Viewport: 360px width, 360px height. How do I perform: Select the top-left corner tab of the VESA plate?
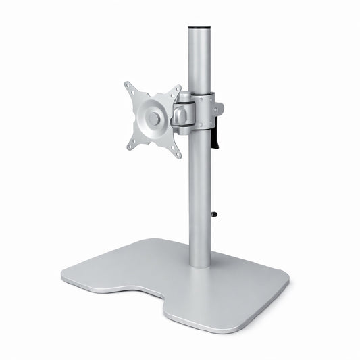(x=129, y=87)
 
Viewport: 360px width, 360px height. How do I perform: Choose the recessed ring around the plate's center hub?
(x=145, y=119)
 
